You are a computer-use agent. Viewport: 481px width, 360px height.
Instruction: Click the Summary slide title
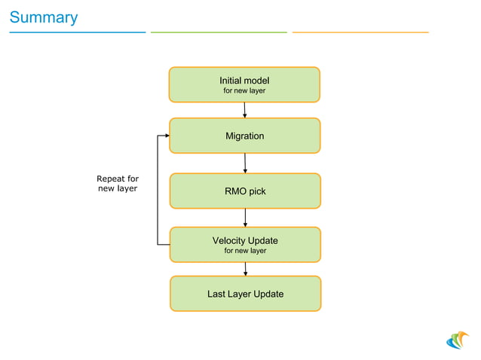pos(43,17)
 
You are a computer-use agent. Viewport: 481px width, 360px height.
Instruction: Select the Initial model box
pos(244,84)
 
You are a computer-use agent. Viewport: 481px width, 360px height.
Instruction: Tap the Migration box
pos(244,136)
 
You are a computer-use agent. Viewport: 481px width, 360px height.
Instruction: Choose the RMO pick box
pos(245,191)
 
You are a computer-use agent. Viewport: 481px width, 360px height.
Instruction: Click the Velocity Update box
pos(245,245)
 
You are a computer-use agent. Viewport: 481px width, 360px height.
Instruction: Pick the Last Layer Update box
pos(245,294)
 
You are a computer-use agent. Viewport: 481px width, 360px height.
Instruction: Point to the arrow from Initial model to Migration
pos(245,110)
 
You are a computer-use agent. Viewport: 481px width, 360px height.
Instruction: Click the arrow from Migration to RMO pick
pos(245,163)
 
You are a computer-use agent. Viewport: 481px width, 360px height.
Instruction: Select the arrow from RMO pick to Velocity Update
pos(245,218)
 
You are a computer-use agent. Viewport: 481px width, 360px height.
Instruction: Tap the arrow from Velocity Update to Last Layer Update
pos(245,269)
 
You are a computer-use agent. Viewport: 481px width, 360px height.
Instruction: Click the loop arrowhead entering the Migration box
pos(166,136)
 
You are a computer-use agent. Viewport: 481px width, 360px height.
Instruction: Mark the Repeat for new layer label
pos(118,183)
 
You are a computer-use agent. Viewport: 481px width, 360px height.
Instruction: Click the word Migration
pos(244,136)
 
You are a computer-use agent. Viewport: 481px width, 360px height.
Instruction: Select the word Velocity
pos(230,240)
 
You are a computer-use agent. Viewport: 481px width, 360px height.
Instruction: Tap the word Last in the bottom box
pos(217,294)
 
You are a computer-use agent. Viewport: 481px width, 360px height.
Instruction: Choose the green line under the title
pos(219,32)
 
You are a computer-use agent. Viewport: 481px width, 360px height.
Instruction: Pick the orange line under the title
pos(360,32)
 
